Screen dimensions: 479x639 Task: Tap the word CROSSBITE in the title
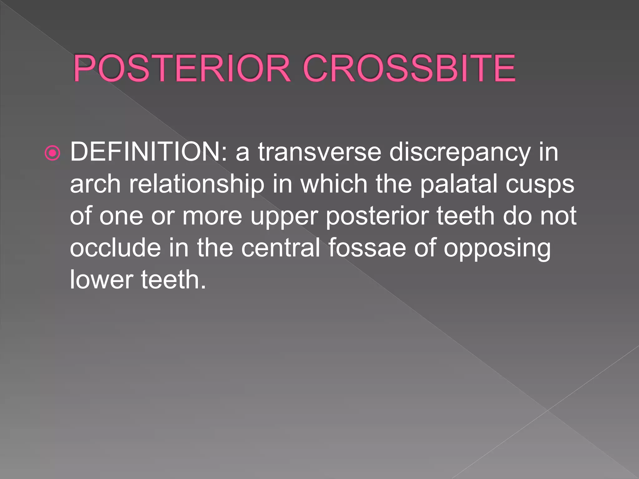[x=409, y=68]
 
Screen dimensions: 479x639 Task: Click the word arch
[x=95, y=184]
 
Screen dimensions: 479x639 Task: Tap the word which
[x=334, y=184]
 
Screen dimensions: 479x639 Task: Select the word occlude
[x=115, y=248]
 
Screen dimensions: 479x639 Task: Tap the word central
[x=280, y=248]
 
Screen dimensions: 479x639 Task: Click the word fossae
[x=367, y=248]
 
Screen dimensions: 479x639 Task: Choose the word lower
[x=101, y=280]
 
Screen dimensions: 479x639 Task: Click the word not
[x=558, y=216]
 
